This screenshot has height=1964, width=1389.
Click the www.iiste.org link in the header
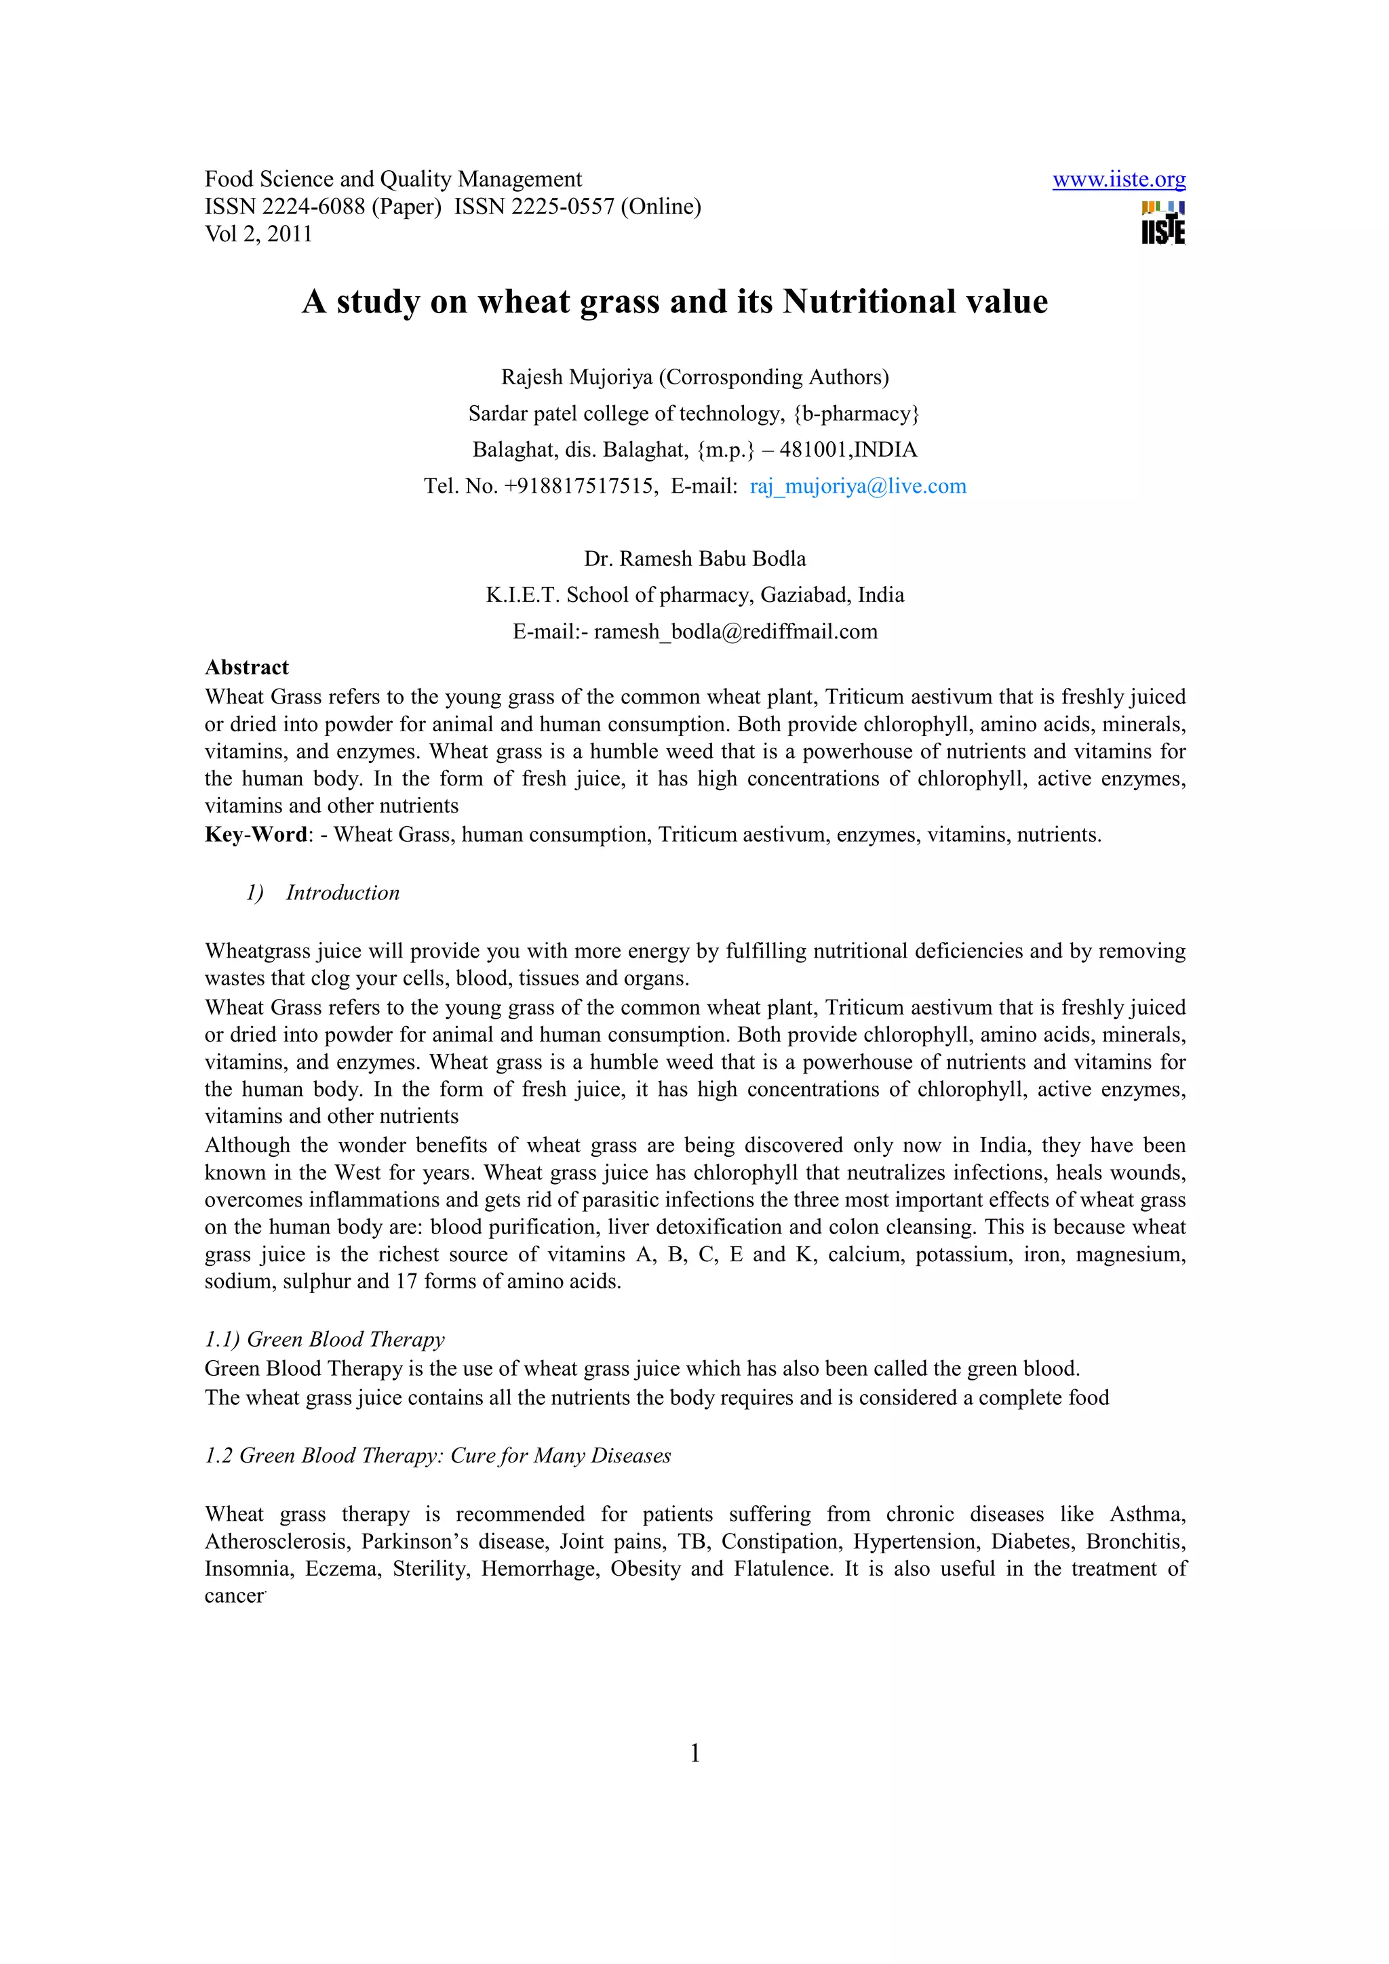tap(1118, 180)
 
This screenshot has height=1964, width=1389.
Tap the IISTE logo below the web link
tap(1163, 224)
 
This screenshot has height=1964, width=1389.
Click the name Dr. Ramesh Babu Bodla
tap(695, 559)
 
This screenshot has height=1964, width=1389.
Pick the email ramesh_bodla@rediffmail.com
tap(735, 632)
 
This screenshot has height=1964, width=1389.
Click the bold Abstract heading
tap(246, 668)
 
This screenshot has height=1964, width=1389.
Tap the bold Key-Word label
tap(255, 835)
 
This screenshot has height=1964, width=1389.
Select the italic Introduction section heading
tap(343, 893)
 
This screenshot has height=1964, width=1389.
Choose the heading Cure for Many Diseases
tap(561, 1456)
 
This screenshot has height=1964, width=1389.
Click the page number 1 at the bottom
tap(695, 1754)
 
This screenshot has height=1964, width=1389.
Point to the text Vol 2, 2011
tap(258, 234)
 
